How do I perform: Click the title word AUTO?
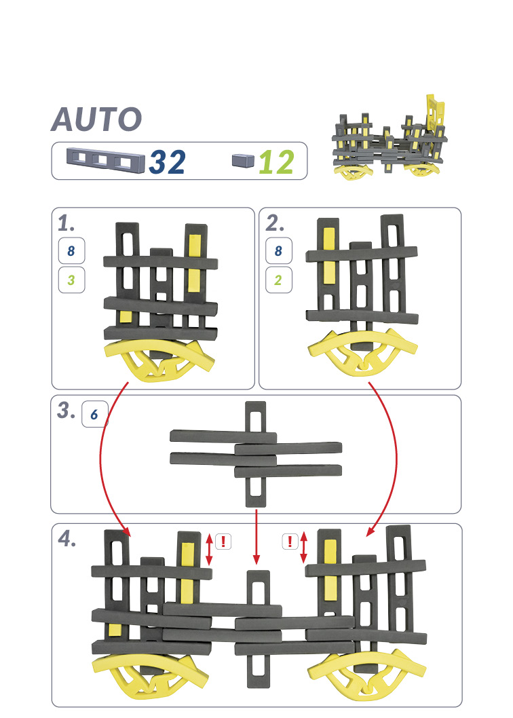click(96, 119)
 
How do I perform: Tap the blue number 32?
click(167, 163)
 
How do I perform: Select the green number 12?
click(276, 163)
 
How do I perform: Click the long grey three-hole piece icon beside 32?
click(105, 159)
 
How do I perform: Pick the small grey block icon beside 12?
click(243, 160)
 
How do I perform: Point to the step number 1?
click(66, 223)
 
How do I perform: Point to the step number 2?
click(275, 223)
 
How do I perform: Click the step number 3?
click(66, 411)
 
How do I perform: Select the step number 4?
click(67, 539)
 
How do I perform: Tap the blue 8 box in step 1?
click(71, 250)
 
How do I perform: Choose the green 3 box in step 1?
click(71, 280)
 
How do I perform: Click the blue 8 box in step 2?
click(278, 250)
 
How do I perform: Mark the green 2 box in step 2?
click(278, 280)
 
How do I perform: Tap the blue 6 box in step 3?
click(95, 414)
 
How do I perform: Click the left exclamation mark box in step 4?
click(223, 542)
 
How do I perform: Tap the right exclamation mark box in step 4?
click(290, 542)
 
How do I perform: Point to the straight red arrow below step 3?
click(256, 537)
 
